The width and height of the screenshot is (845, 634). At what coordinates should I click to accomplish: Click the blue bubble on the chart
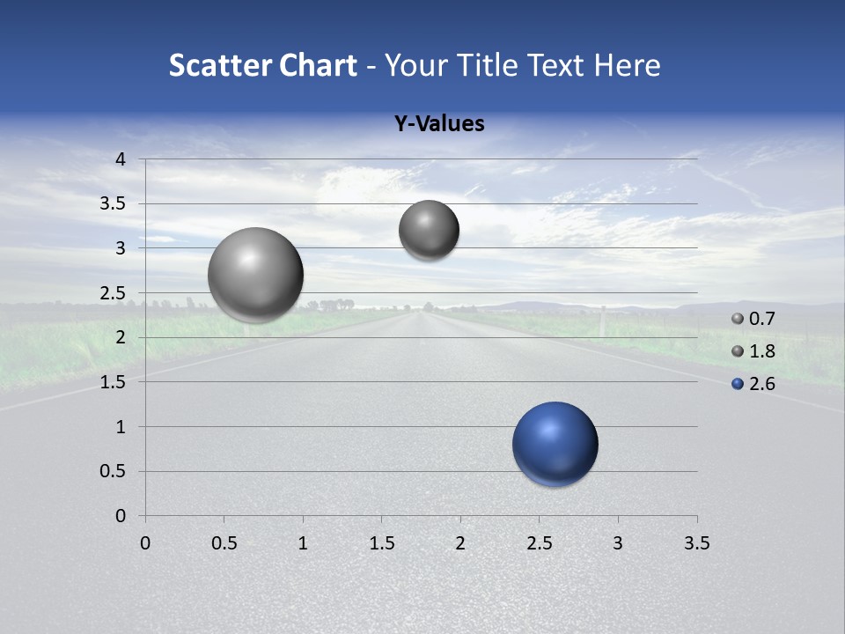555,444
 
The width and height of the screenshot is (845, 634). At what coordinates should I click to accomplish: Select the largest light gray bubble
255,275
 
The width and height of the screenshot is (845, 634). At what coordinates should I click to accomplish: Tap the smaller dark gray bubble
429,230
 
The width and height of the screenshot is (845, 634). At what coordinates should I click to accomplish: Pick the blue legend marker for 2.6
738,384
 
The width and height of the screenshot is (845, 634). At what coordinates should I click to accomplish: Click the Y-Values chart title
438,124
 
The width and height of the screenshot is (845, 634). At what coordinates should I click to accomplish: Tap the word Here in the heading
626,65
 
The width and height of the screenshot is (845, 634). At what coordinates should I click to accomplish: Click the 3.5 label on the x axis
696,543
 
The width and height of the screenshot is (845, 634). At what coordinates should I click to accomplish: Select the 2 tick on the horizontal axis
460,543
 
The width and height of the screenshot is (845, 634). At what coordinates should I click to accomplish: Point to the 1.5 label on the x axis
381,543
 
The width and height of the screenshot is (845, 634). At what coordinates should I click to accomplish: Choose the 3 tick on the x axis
618,543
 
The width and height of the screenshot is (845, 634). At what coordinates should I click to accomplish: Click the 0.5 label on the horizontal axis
224,543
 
